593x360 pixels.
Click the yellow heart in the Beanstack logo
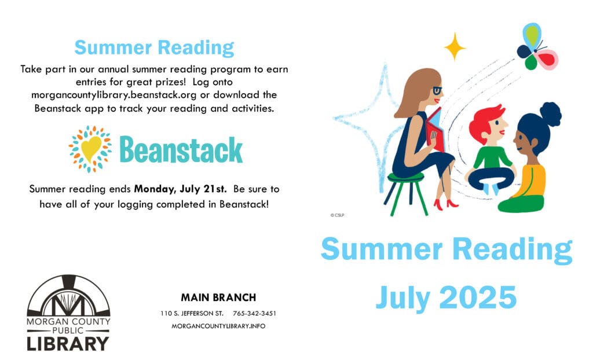pyautogui.click(x=91, y=149)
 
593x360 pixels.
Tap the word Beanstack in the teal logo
pyautogui.click(x=181, y=150)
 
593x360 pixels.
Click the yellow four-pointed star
pyautogui.click(x=455, y=47)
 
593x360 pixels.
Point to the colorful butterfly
pyautogui.click(x=536, y=46)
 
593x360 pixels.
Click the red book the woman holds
pyautogui.click(x=435, y=129)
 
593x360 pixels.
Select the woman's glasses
pyautogui.click(x=437, y=90)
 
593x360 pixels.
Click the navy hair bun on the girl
pyautogui.click(x=551, y=114)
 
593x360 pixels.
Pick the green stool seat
pyautogui.click(x=405, y=177)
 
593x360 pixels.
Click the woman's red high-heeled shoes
pyautogui.click(x=445, y=204)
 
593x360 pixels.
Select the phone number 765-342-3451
pyautogui.click(x=255, y=314)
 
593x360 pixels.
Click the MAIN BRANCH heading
pyautogui.click(x=218, y=297)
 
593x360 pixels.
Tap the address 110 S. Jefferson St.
pyautogui.click(x=192, y=314)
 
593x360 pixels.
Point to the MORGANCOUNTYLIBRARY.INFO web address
pyautogui.click(x=218, y=326)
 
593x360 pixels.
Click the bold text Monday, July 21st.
pyautogui.click(x=181, y=189)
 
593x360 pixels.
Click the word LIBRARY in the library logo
pyautogui.click(x=68, y=344)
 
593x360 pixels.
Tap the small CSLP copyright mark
pyautogui.click(x=338, y=215)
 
